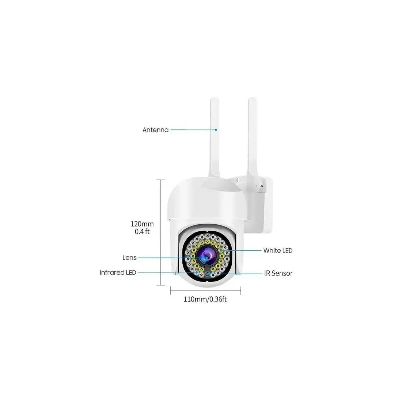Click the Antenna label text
coord(155,130)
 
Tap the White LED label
coord(278,250)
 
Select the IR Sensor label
coord(278,273)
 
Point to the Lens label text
coord(129,257)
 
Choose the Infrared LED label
coord(118,273)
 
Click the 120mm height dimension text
coord(142,224)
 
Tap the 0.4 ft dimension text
coord(142,231)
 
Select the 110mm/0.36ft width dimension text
coord(205,299)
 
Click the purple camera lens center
coord(206,255)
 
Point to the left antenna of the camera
coord(214,137)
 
